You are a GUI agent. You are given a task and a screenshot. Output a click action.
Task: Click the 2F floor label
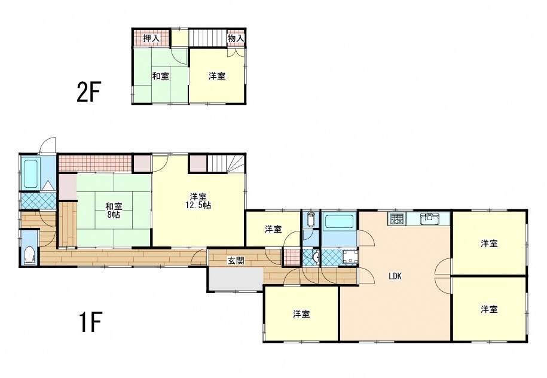pyautogui.click(x=88, y=92)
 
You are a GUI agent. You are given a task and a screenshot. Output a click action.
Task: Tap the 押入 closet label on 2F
pyautogui.click(x=151, y=38)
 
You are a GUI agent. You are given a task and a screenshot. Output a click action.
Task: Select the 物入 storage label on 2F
pyautogui.click(x=236, y=38)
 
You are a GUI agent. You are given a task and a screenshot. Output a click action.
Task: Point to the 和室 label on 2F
pyautogui.click(x=160, y=76)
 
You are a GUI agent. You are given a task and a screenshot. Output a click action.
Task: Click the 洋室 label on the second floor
pyautogui.click(x=217, y=76)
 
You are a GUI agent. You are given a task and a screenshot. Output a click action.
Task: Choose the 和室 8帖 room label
pyautogui.click(x=114, y=211)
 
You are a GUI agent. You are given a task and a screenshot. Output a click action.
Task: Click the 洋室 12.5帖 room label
pyautogui.click(x=198, y=201)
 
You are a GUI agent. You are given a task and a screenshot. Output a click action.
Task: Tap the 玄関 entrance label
pyautogui.click(x=236, y=260)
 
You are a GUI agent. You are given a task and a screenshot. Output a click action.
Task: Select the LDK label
pyautogui.click(x=395, y=276)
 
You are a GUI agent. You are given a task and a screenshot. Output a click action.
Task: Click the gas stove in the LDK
pyautogui.click(x=396, y=218)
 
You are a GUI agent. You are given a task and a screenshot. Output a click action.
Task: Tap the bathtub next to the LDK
pyautogui.click(x=339, y=221)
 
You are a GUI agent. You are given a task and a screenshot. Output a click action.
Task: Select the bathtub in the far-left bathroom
pyautogui.click(x=30, y=173)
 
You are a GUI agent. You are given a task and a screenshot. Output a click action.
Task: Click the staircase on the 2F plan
pyautogui.click(x=207, y=37)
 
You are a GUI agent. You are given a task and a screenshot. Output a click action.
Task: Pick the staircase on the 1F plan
pyautogui.click(x=227, y=163)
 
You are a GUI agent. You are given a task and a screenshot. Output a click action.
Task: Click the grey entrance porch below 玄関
pyautogui.click(x=235, y=279)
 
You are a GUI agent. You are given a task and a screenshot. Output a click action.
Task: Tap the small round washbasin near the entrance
pyautogui.click(x=316, y=258)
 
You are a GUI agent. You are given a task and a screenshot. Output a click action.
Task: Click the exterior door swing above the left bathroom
pyautogui.click(x=47, y=145)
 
